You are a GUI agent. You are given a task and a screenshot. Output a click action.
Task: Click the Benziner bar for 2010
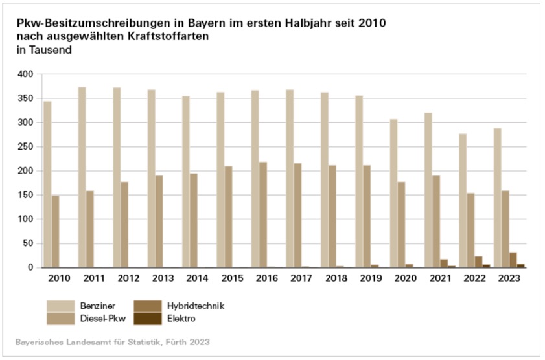(47, 185)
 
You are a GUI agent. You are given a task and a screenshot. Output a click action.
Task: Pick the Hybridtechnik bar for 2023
(513, 260)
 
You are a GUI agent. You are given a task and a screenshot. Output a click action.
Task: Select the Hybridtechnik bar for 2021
(443, 263)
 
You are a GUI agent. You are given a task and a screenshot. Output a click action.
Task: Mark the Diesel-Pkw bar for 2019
(367, 216)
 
